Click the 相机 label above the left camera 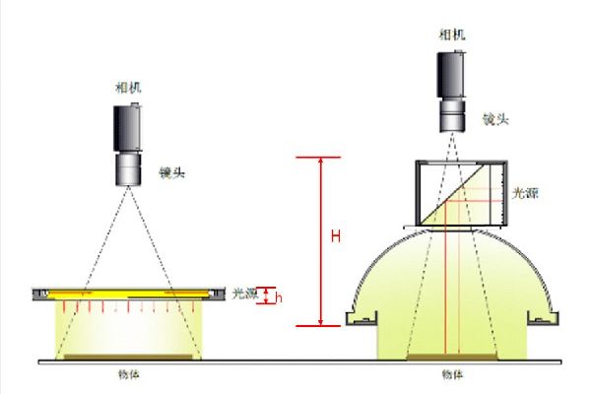pyautogui.click(x=128, y=88)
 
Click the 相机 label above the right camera pyautogui.click(x=452, y=34)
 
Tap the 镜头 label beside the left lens pyautogui.click(x=172, y=172)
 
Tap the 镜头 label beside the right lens pyautogui.click(x=496, y=119)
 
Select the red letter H pyautogui.click(x=336, y=236)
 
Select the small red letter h pyautogui.click(x=280, y=297)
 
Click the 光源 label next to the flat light pyautogui.click(x=244, y=294)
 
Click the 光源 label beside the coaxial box pyautogui.click(x=525, y=193)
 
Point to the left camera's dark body pyautogui.click(x=128, y=127)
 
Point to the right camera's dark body pyautogui.click(x=451, y=74)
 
